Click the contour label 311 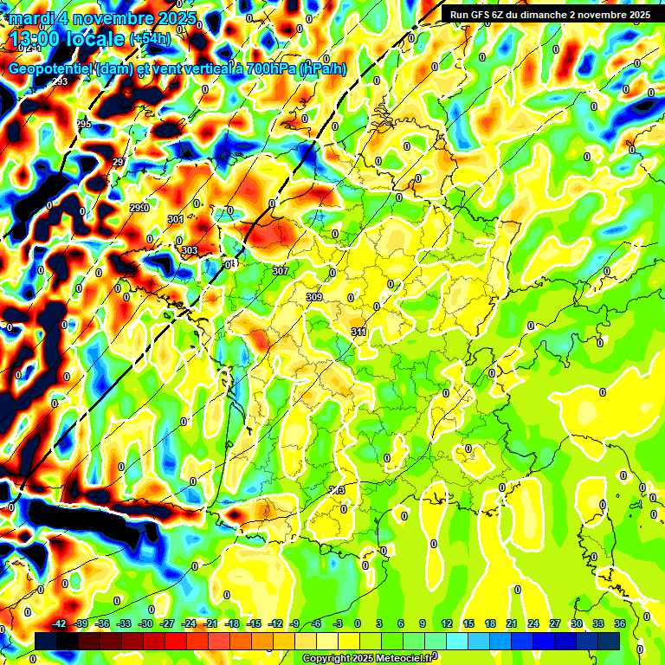358,332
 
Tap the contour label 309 314,297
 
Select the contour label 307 281,271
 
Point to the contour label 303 190,250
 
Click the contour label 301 176,219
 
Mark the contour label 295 83,125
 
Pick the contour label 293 60,81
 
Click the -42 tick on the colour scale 60,623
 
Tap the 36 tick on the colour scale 620,623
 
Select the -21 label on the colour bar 210,623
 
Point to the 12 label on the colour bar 447,623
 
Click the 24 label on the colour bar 533,623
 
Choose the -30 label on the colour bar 146,623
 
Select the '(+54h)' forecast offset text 150,39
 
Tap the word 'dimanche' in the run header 544,15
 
